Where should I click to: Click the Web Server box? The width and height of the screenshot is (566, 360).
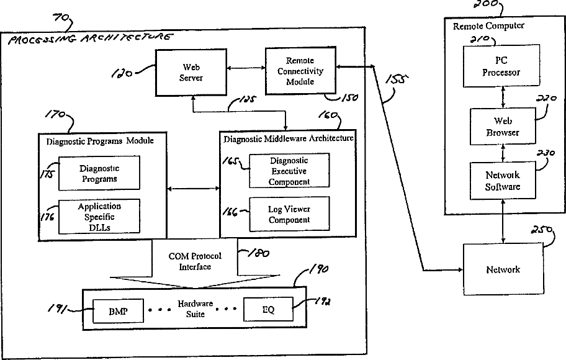[x=191, y=73]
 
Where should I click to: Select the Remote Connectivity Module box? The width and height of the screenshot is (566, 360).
[x=300, y=71]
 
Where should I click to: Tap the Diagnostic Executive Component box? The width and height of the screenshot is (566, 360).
[x=289, y=171]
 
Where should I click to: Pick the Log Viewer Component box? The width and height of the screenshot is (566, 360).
[x=289, y=214]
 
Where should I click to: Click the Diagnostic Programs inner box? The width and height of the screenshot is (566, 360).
[x=99, y=173]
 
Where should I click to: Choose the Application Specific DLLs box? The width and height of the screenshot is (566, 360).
[x=99, y=217]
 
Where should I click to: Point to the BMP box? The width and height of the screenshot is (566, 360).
[x=118, y=311]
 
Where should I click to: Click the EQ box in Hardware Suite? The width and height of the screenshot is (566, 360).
[x=268, y=309]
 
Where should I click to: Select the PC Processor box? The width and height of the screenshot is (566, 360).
[x=501, y=66]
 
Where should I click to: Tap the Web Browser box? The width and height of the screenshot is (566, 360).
[x=503, y=127]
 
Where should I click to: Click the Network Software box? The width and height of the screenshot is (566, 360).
[x=503, y=180]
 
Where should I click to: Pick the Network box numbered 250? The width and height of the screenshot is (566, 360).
[x=503, y=269]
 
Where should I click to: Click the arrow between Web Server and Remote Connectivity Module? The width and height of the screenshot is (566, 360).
[x=246, y=68]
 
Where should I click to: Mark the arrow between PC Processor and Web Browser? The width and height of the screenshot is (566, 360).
[x=503, y=97]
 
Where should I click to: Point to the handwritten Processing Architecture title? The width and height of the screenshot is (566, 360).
[x=90, y=38]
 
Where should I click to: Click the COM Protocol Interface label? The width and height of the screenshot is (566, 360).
[x=195, y=261]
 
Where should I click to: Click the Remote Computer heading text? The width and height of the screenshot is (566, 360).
[x=488, y=26]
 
